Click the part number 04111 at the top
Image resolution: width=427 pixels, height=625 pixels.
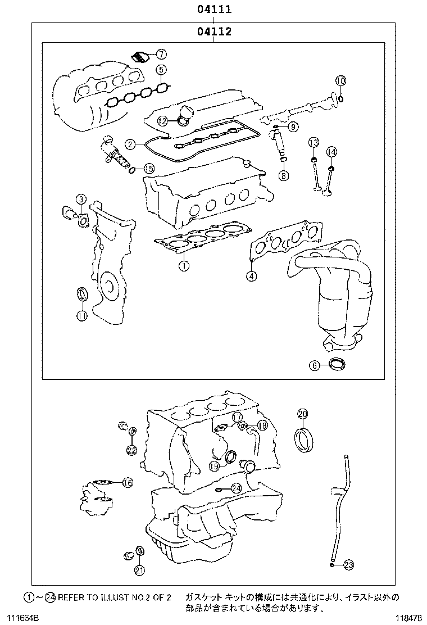pyautogui.click(x=214, y=10)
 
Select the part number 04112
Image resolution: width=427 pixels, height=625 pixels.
pyautogui.click(x=214, y=31)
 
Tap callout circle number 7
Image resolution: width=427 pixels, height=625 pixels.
pyautogui.click(x=161, y=55)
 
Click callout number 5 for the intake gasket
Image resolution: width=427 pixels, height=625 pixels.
pyautogui.click(x=161, y=70)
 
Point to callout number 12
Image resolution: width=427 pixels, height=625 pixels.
pyautogui.click(x=162, y=120)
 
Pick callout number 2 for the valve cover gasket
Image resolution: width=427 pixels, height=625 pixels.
pyautogui.click(x=130, y=144)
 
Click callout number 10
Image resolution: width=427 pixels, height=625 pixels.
pyautogui.click(x=340, y=81)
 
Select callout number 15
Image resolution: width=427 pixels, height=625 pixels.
pyautogui.click(x=148, y=168)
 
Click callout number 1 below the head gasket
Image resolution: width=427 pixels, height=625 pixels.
pyautogui.click(x=183, y=266)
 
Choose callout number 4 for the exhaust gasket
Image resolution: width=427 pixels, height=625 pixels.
pyautogui.click(x=252, y=275)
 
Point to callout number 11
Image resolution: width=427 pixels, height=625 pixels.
pyautogui.click(x=82, y=316)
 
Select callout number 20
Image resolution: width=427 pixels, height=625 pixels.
pyautogui.click(x=302, y=414)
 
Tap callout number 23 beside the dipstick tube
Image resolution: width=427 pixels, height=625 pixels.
pyautogui.click(x=348, y=565)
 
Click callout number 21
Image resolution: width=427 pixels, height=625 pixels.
pyautogui.click(x=139, y=570)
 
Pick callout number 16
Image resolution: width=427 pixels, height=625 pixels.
pyautogui.click(x=127, y=482)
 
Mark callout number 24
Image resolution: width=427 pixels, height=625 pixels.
pyautogui.click(x=236, y=488)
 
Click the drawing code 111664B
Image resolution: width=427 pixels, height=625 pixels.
pyautogui.click(x=20, y=618)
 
